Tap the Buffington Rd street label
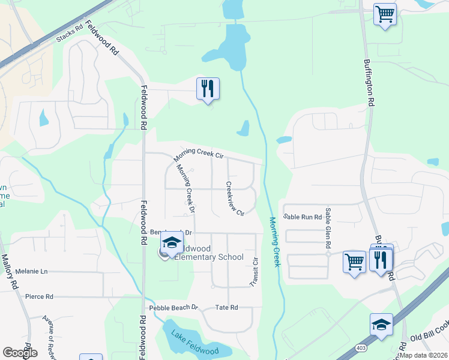click(370, 83)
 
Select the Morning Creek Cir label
click(199, 154)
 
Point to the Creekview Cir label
click(235, 199)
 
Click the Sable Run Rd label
click(303, 217)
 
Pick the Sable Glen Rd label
click(328, 229)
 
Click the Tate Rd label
click(226, 308)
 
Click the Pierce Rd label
click(39, 296)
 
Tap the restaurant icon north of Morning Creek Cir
click(208, 89)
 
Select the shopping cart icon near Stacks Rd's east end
click(385, 14)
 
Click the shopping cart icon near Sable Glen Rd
click(354, 262)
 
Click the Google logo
click(20, 353)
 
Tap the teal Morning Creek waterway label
click(274, 242)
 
